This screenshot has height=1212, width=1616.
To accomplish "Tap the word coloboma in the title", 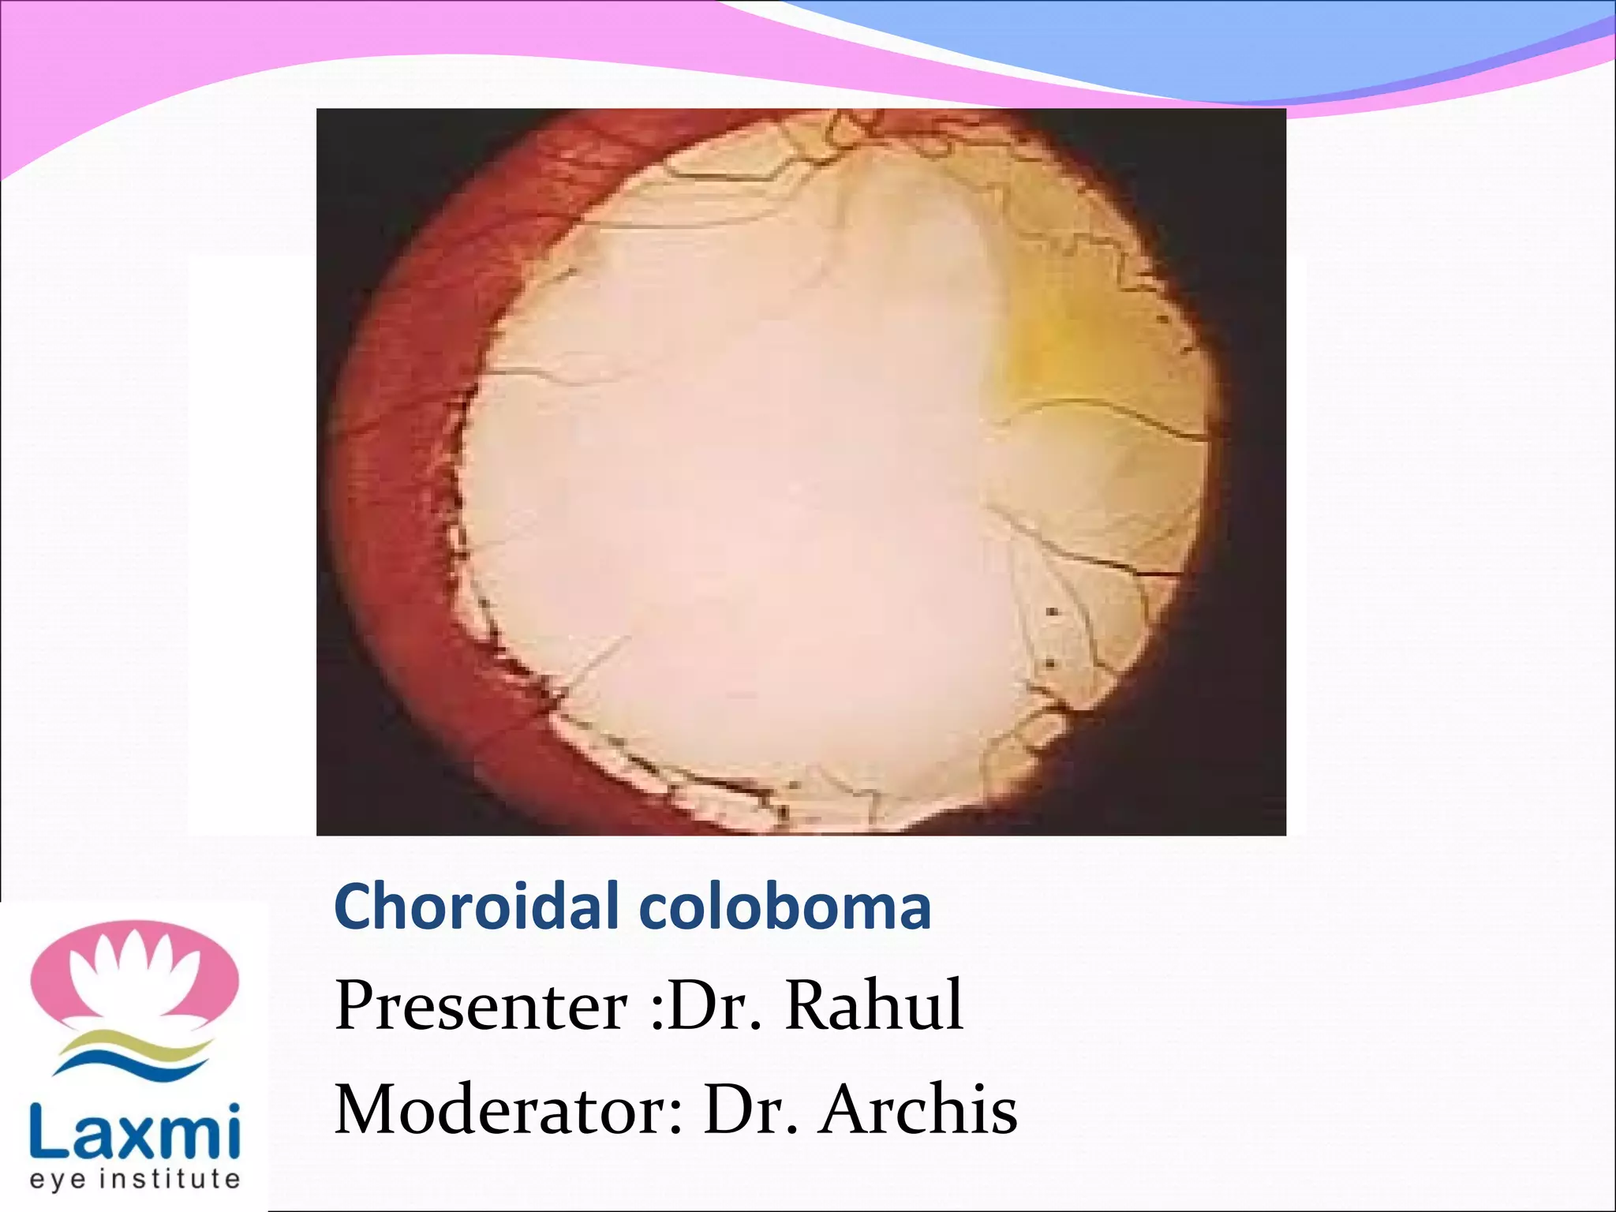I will (x=785, y=907).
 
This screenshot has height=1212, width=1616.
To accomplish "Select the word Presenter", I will (x=481, y=1006).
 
